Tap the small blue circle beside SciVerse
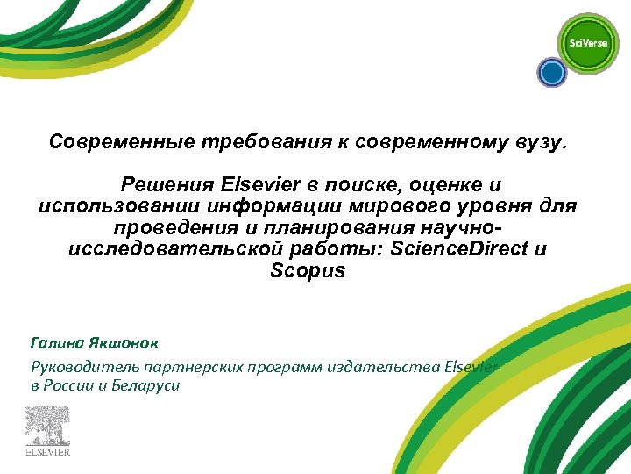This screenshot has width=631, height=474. pyautogui.click(x=551, y=73)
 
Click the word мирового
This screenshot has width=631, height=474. pyautogui.click(x=383, y=206)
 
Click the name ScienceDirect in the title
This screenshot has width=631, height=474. pyautogui.click(x=459, y=248)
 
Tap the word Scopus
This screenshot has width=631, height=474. pyautogui.click(x=308, y=270)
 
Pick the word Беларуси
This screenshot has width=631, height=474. pyautogui.click(x=145, y=386)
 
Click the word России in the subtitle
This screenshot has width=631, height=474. pyautogui.click(x=72, y=386)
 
